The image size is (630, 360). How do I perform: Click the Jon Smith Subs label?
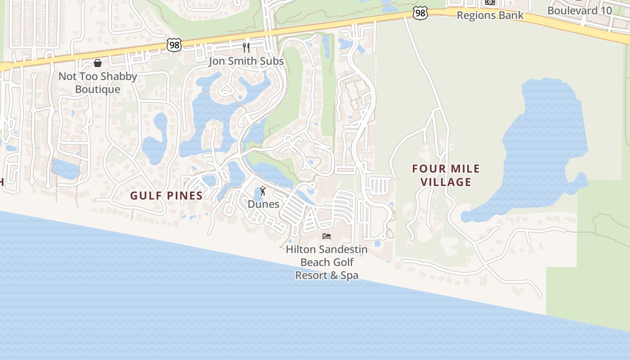tap(246, 61)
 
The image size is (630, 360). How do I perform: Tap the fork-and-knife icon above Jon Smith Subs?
tap(246, 47)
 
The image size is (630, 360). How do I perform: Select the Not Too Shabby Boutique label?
tap(98, 83)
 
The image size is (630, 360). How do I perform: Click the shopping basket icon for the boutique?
tap(98, 63)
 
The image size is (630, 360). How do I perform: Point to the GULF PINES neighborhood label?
tap(166, 196)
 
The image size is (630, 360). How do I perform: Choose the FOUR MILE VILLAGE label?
tap(446, 175)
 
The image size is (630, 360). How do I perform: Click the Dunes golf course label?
tap(263, 204)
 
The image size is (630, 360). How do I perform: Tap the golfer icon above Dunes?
tap(263, 191)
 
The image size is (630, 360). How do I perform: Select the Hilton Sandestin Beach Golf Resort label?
tap(327, 262)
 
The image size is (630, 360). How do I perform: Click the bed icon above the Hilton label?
tap(327, 236)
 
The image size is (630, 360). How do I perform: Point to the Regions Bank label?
tap(490, 15)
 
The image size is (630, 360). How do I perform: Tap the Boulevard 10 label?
tap(580, 10)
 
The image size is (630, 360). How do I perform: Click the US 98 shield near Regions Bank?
tap(420, 13)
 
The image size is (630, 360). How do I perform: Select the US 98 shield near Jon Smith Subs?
tap(174, 45)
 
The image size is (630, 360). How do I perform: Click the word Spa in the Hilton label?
tap(349, 275)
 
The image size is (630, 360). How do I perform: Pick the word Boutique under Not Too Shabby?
tap(98, 89)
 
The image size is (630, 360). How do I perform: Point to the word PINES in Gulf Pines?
tap(185, 196)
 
